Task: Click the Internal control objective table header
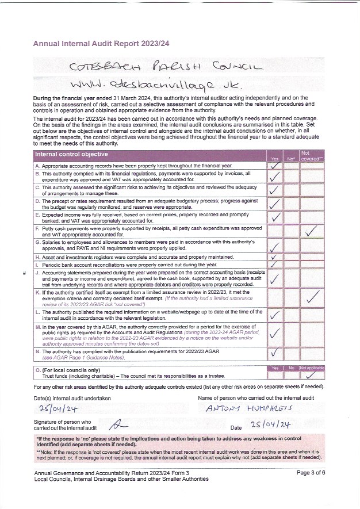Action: click(x=71, y=154)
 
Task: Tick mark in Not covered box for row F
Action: click(x=312, y=231)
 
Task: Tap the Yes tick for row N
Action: click(x=275, y=353)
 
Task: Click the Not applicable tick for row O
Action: click(x=312, y=375)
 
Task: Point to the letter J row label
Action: click(x=37, y=272)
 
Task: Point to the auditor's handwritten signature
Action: click(x=118, y=424)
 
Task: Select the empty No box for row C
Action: click(x=291, y=189)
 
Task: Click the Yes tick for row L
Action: click(x=275, y=314)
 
